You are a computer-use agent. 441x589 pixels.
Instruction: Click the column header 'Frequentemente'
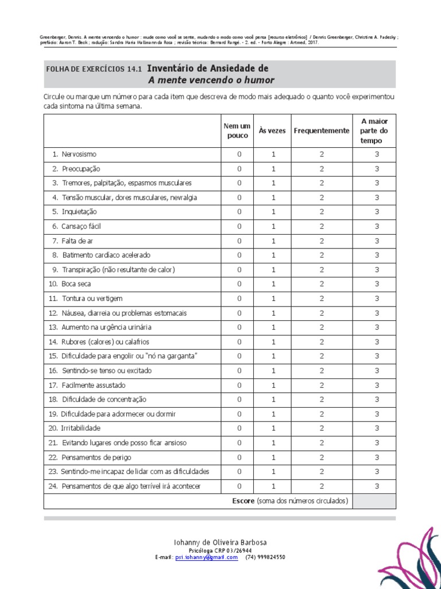(x=322, y=131)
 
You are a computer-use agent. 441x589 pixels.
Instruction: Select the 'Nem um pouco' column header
(x=238, y=131)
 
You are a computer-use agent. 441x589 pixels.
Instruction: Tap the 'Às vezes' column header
(x=272, y=131)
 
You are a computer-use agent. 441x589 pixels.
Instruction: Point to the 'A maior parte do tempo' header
(x=374, y=131)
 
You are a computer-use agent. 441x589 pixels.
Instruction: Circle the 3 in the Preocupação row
(x=377, y=169)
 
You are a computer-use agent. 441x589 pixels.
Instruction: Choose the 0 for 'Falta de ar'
(x=239, y=241)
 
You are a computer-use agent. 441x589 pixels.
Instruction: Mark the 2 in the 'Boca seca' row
(x=322, y=284)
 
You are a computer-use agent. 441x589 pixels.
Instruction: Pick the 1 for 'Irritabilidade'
(x=274, y=429)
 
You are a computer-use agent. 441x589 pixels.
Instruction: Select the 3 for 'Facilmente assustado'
(x=377, y=385)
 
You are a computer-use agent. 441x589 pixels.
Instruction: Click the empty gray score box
(x=374, y=501)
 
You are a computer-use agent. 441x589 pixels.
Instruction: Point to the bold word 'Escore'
(x=243, y=501)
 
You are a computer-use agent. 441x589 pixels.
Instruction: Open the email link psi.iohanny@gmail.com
(x=207, y=557)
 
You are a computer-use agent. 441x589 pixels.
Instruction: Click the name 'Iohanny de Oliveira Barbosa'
(x=220, y=542)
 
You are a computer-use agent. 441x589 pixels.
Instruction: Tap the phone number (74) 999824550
(x=265, y=557)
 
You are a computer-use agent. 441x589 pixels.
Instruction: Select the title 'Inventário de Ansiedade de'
(x=208, y=68)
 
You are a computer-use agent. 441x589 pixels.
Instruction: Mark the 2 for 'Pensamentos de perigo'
(x=322, y=457)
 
